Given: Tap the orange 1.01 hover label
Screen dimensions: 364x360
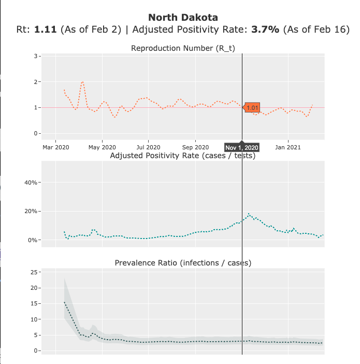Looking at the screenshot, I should tap(252, 108).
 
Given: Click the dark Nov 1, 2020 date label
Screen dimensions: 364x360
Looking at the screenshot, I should tap(242, 147).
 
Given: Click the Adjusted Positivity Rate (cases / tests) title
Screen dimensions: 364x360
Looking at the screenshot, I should tap(183, 156).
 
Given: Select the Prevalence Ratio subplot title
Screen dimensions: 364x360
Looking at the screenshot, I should tap(183, 263).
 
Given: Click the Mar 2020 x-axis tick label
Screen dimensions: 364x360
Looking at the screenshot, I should tap(55, 147).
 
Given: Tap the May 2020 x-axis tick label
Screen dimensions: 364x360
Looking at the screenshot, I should tap(102, 147).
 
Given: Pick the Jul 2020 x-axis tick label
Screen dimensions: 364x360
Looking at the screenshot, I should tap(149, 147).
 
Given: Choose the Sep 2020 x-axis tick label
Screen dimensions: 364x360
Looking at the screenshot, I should tap(196, 147).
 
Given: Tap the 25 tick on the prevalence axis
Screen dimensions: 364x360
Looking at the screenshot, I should tap(33, 272).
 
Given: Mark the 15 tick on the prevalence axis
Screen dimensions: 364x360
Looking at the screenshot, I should tap(33, 303).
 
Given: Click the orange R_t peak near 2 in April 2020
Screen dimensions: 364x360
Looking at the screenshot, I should tap(83, 82).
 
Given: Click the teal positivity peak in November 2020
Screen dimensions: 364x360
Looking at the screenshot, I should tap(249, 214).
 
